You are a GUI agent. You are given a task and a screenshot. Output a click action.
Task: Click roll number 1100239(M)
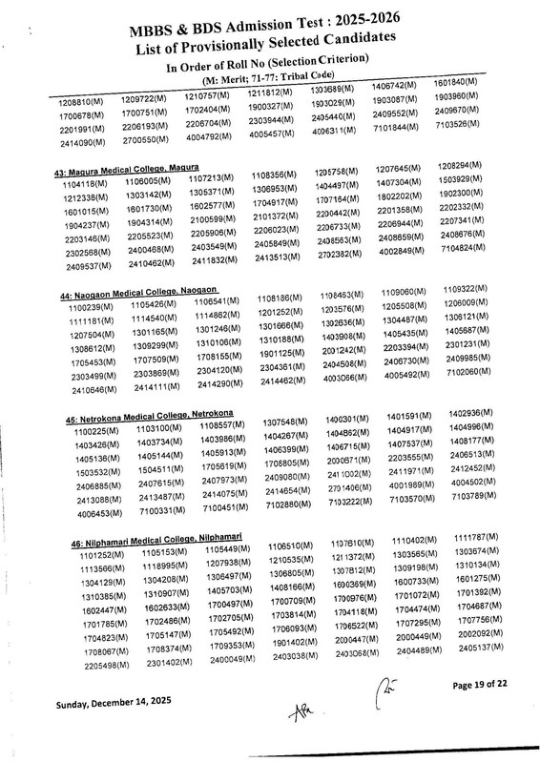[x=74, y=308]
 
